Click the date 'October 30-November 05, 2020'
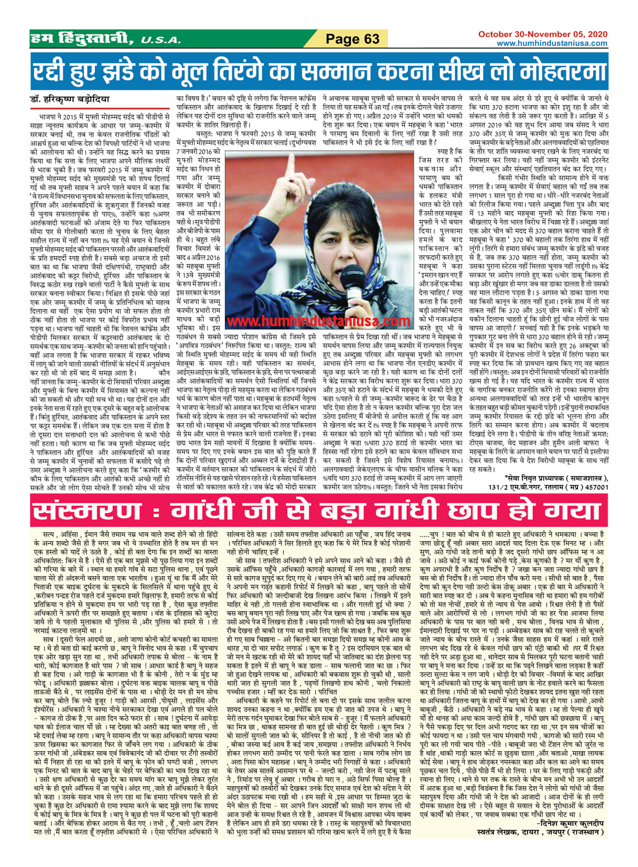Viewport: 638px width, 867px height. coord(542,34)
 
